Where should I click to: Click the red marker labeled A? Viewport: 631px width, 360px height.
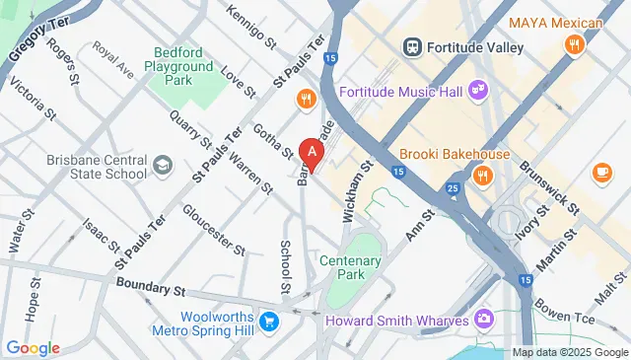[313, 153]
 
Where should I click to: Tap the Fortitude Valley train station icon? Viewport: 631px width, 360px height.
[412, 46]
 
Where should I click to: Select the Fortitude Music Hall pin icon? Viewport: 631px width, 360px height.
[477, 91]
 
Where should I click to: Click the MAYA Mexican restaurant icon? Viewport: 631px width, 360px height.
[573, 44]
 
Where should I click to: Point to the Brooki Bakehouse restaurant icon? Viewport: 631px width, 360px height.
[482, 176]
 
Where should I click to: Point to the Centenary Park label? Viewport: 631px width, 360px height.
[350, 269]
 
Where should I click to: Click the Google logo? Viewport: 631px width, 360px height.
[33, 347]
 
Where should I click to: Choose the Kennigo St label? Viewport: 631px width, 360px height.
[251, 28]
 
